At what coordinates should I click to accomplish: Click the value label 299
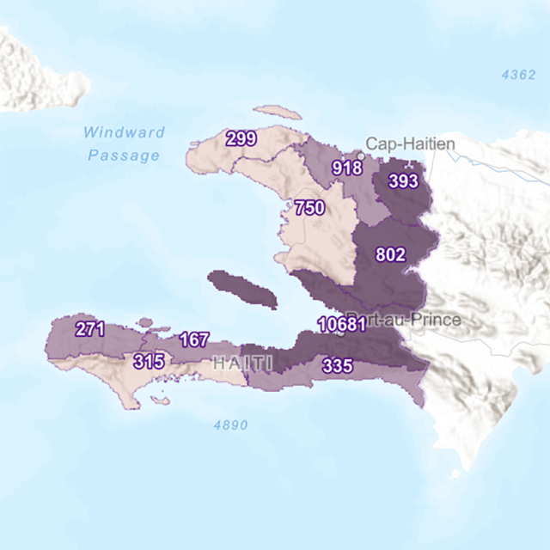(241, 138)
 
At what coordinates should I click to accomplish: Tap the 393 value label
(403, 181)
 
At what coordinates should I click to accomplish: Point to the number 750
(309, 208)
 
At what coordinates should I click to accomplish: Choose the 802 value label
(391, 254)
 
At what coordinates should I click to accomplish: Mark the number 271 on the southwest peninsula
(90, 328)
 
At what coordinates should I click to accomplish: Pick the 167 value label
(193, 339)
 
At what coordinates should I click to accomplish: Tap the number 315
(149, 362)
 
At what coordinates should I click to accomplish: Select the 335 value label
(337, 366)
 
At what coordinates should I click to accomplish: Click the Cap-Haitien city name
(410, 144)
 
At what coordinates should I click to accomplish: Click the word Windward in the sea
(125, 132)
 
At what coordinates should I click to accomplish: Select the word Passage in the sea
(124, 156)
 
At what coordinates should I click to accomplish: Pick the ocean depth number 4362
(519, 75)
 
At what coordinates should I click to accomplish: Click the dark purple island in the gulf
(243, 289)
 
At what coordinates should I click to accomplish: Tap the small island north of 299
(278, 113)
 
